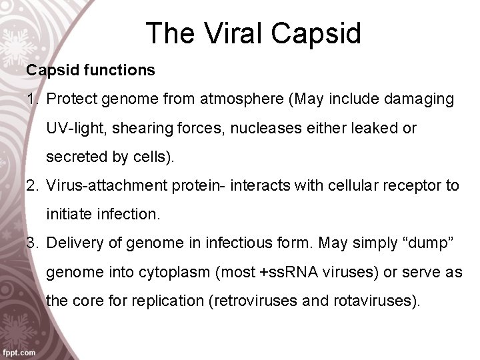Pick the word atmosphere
[x=247, y=99]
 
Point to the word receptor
[x=401, y=185]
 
